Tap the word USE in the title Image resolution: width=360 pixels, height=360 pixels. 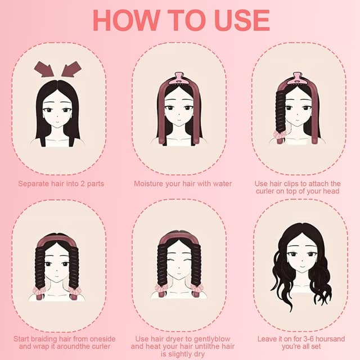pyautogui.click(x=242, y=20)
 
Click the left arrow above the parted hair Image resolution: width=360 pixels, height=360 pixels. pyautogui.click(x=44, y=69)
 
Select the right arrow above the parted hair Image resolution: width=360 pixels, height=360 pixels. pyautogui.click(x=71, y=69)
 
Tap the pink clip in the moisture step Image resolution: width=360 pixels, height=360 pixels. pyautogui.click(x=179, y=79)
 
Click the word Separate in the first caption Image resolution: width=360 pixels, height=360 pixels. pyautogui.click(x=34, y=184)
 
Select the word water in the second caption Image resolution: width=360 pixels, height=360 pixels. pyautogui.click(x=222, y=184)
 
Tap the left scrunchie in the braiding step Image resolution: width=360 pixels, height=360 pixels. pyautogui.click(x=39, y=291)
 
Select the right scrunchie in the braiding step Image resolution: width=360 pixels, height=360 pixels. pyautogui.click(x=75, y=291)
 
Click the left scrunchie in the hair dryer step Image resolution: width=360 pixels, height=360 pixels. pyautogui.click(x=161, y=288)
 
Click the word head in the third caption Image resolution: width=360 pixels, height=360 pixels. pyautogui.click(x=331, y=191)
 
